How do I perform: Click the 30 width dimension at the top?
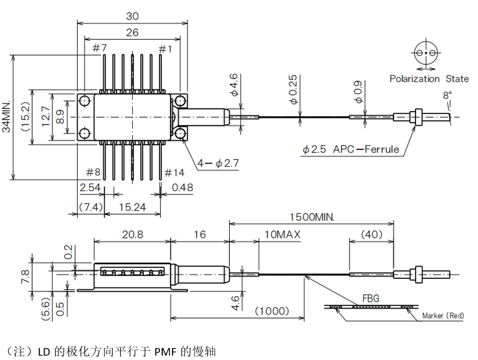pos(132,16)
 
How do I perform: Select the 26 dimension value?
pos(132,32)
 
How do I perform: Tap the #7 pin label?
pos(99,49)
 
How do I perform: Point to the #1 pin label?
pos(166,49)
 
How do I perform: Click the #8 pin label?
pos(93,173)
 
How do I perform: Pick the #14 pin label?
pos(174,173)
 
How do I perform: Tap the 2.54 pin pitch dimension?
pos(90,187)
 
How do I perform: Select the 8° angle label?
pos(447,95)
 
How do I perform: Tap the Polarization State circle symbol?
pos(426,53)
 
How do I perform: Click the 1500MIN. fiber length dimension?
pos(311,216)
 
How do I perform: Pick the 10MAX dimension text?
pos(283,234)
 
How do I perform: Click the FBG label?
pos(370,298)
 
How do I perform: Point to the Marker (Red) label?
pos(443,316)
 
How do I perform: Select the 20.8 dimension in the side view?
pos(132,234)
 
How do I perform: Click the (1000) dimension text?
pos(272,310)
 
